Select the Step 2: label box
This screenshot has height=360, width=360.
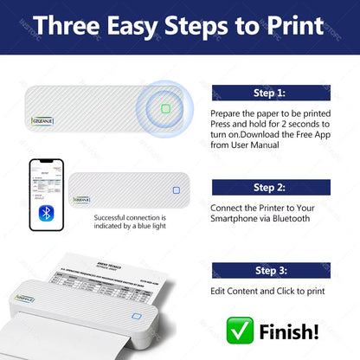[271, 187]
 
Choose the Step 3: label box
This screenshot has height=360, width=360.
[271, 270]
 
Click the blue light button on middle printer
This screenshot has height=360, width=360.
[176, 191]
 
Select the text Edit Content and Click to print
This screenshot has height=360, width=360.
[267, 292]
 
